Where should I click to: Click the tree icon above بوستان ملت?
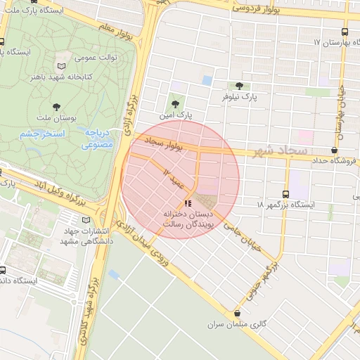(x=56, y=107)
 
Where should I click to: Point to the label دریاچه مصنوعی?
(x=98, y=139)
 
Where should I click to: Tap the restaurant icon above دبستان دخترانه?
(x=186, y=204)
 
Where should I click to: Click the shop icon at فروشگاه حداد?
(x=333, y=150)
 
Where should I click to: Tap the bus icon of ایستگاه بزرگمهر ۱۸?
(x=285, y=194)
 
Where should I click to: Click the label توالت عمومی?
(x=96, y=57)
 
